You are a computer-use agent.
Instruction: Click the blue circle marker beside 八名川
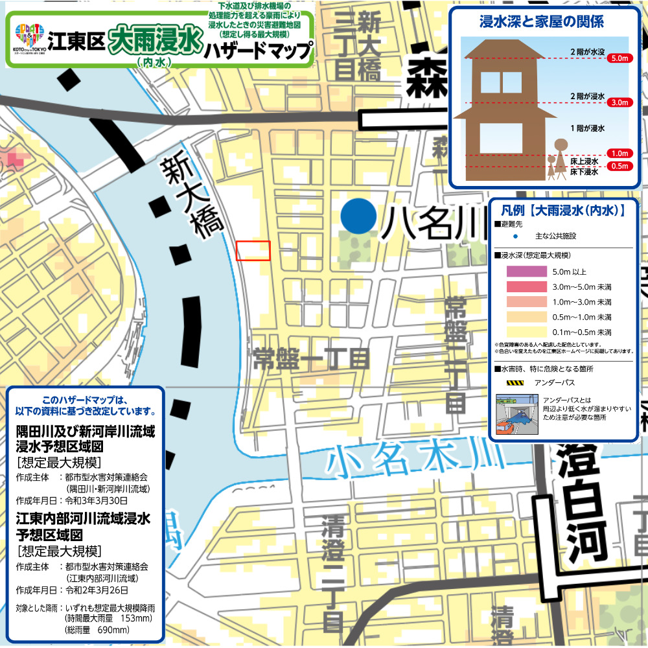(358, 216)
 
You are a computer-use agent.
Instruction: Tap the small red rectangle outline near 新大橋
(253, 251)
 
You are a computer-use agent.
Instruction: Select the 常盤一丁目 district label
(312, 358)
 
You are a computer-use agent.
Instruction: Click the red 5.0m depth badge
(619, 58)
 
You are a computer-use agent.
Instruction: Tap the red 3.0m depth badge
(619, 102)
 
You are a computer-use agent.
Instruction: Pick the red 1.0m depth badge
(619, 154)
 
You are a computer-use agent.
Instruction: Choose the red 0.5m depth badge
(619, 166)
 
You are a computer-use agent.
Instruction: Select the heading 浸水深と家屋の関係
(542, 23)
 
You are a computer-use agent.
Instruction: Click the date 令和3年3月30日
(94, 500)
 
